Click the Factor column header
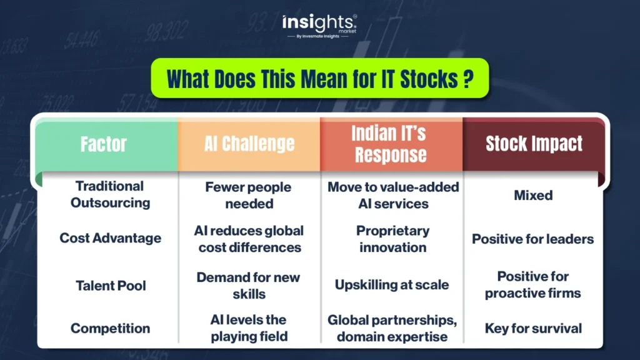[104, 144]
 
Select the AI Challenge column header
[249, 144]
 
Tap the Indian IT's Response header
[391, 144]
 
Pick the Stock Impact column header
[534, 144]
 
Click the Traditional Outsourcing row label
[110, 194]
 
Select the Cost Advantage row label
[110, 238]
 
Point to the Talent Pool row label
[111, 286]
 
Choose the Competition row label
[110, 328]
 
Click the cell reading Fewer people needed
[249, 195]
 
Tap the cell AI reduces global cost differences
[249, 239]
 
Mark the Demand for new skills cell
[249, 285]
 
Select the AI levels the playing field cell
[249, 327]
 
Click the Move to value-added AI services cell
[393, 195]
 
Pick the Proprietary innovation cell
[392, 239]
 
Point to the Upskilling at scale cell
[392, 284]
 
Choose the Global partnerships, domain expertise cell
[392, 328]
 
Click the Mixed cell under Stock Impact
[533, 196]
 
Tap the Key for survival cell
[533, 328]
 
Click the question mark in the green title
[469, 79]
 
